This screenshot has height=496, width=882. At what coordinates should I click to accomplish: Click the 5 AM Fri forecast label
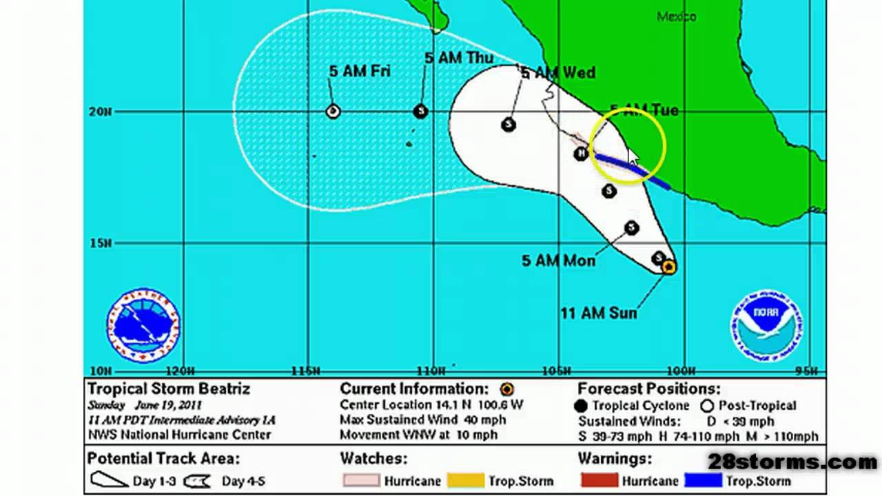pyautogui.click(x=359, y=71)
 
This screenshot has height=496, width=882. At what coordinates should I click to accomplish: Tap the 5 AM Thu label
pyautogui.click(x=458, y=58)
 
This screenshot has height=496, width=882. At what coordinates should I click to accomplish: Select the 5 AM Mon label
pyautogui.click(x=558, y=260)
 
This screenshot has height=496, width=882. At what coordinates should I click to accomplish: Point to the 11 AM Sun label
pyautogui.click(x=598, y=313)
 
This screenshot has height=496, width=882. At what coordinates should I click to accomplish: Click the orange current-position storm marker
pyautogui.click(x=668, y=267)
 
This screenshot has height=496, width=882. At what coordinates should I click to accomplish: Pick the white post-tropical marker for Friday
pyautogui.click(x=333, y=111)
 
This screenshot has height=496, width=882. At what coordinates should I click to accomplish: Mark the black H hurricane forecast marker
pyautogui.click(x=581, y=153)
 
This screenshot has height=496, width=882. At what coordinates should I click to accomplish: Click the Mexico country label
pyautogui.click(x=676, y=17)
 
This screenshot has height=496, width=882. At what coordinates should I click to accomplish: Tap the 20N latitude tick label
pyautogui.click(x=100, y=112)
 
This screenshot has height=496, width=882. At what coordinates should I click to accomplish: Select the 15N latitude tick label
pyautogui.click(x=100, y=243)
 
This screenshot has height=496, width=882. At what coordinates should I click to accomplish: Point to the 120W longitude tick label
pyautogui.click(x=181, y=371)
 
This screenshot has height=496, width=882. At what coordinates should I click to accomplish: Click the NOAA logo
pyautogui.click(x=766, y=324)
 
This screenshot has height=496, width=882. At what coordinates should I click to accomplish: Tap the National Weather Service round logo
pyautogui.click(x=143, y=325)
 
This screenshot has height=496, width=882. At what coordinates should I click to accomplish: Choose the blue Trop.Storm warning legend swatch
pyautogui.click(x=703, y=480)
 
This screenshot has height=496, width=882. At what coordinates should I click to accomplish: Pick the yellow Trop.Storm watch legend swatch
pyautogui.click(x=465, y=480)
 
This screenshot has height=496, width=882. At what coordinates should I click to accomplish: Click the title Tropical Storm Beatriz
pyautogui.click(x=169, y=389)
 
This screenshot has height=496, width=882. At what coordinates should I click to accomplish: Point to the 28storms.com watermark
pyautogui.click(x=792, y=462)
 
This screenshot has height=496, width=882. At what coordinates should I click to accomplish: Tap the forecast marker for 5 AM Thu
pyautogui.click(x=420, y=112)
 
